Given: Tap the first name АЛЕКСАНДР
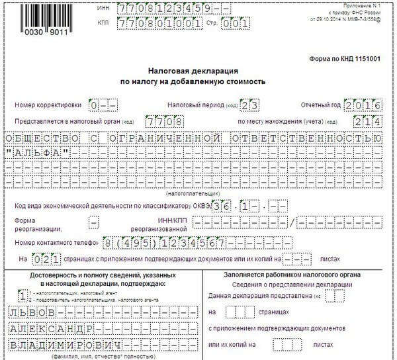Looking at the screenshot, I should pos(54,329).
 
